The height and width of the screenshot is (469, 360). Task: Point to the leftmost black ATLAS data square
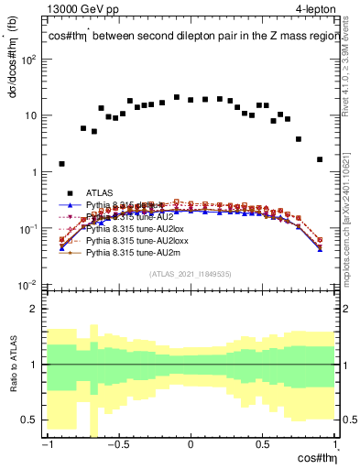tap(61, 164)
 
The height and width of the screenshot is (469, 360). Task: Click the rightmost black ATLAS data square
tap(320, 159)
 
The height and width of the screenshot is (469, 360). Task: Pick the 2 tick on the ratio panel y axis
tap(37, 309)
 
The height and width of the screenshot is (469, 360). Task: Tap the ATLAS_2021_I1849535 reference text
tap(190, 273)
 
